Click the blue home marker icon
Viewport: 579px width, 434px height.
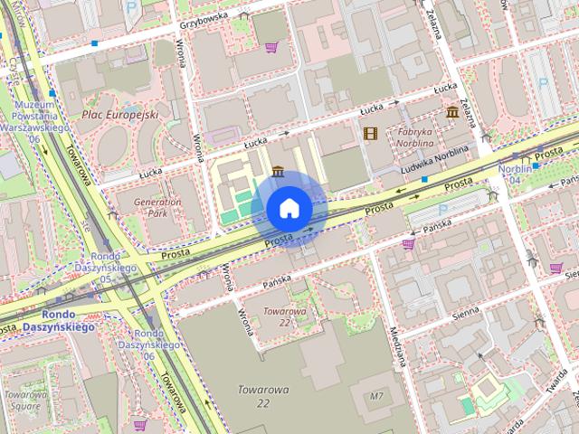point(289,208)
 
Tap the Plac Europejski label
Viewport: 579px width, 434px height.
point(119,115)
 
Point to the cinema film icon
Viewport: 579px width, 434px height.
point(369,134)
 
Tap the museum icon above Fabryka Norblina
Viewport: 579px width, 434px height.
point(451,112)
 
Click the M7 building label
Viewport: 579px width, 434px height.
point(377,397)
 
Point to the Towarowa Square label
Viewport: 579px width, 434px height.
point(24,400)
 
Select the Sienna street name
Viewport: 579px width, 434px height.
point(467,312)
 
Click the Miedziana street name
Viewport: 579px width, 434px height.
point(399,344)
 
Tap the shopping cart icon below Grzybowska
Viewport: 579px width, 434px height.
point(271,47)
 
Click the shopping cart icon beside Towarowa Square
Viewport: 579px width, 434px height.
point(140,424)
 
